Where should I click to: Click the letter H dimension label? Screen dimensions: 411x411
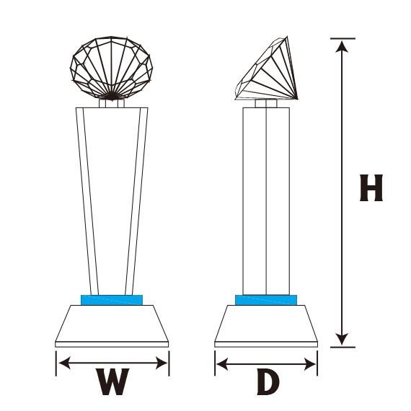coord(371,187)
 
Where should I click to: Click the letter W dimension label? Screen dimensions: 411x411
coord(112,381)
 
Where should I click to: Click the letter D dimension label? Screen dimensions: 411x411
coord(268,383)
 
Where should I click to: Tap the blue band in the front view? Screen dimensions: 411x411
coord(112,300)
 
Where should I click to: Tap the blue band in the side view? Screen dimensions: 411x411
coord(266,300)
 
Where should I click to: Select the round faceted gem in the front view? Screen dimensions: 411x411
coord(111,68)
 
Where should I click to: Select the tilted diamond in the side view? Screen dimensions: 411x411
coord(266,68)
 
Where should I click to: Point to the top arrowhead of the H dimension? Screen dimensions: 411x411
coord(342,47)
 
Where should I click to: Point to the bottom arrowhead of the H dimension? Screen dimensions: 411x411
coord(342,339)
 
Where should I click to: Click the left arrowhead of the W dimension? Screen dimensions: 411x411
coord(64,363)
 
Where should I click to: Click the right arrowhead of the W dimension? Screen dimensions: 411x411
coord(162,363)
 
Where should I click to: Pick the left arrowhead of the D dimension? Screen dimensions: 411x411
coord(222,364)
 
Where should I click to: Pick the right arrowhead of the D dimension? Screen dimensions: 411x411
coord(310,364)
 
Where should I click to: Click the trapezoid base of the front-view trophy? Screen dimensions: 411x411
coord(112,326)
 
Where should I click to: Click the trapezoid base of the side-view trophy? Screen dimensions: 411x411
coord(266,326)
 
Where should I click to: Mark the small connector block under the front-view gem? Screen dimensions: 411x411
coord(112,103)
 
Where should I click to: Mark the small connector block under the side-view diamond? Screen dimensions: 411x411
coord(266,103)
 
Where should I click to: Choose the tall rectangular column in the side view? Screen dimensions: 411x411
coord(266,201)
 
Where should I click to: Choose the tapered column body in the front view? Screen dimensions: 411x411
coord(112,201)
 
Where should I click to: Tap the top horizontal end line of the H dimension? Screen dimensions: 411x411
coord(342,38)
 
